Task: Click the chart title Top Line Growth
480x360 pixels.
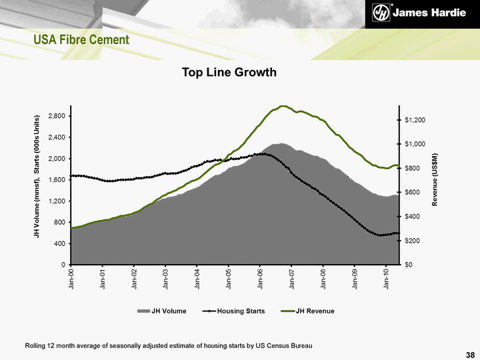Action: [229, 72]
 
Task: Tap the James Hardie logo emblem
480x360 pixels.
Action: [381, 13]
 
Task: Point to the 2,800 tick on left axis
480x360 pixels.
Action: [56, 116]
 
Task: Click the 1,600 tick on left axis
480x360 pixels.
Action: [56, 180]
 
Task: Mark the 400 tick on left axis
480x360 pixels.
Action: [59, 244]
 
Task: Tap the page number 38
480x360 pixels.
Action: [471, 353]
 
